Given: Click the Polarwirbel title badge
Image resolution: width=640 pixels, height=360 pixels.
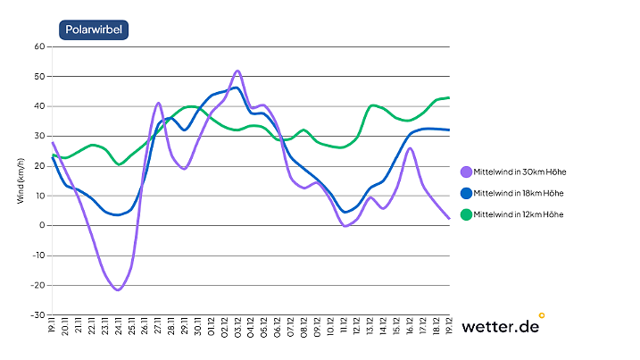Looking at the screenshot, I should (x=95, y=29).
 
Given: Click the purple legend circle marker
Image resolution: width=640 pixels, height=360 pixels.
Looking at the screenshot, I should (x=466, y=172).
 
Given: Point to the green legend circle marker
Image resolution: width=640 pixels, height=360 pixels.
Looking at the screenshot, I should (x=466, y=214).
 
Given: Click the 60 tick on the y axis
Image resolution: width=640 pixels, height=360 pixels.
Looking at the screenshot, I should (x=39, y=46).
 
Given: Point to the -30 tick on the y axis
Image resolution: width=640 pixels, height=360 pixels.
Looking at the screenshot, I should (x=37, y=315).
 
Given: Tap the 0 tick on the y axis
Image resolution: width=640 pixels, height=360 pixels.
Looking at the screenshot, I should (x=42, y=225).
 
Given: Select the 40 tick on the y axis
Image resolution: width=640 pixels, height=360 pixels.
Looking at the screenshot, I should (x=39, y=106).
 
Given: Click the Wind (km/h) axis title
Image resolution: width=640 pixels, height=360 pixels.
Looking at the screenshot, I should (x=20, y=180).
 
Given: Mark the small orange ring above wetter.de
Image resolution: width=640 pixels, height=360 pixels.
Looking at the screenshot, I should (x=542, y=314).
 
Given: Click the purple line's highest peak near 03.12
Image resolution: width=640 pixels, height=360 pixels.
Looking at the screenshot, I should (x=237, y=71).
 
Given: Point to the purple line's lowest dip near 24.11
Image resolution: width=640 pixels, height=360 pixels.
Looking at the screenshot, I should (x=118, y=289).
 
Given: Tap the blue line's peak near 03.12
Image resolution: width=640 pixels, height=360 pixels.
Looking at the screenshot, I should (x=236, y=88).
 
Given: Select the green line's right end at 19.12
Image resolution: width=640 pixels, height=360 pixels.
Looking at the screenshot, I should (x=448, y=97).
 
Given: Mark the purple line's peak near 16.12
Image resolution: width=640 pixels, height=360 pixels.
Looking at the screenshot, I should (x=409, y=148).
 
